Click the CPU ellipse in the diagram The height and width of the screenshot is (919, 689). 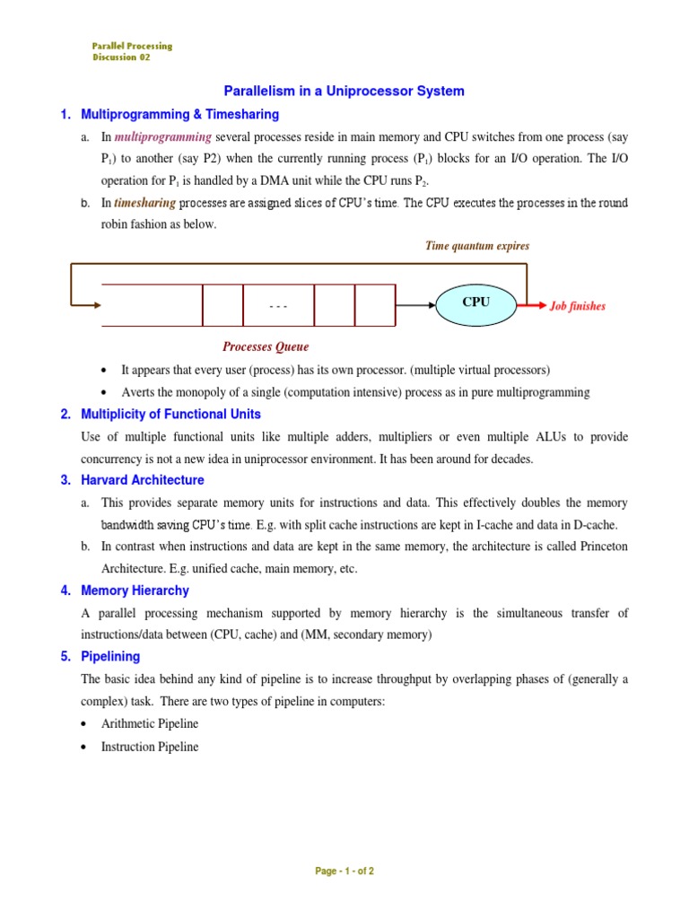tap(475, 303)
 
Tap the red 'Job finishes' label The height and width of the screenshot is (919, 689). tap(577, 306)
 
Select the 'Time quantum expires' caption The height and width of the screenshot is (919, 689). tap(476, 246)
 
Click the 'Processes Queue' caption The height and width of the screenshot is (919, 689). tap(266, 346)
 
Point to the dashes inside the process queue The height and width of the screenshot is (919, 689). tap(278, 306)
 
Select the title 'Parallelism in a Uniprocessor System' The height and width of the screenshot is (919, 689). tap(344, 91)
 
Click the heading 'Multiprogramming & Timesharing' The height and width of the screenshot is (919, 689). tap(179, 115)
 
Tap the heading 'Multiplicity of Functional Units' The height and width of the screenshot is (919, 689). tap(170, 414)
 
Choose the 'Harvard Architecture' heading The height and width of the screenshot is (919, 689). tap(142, 480)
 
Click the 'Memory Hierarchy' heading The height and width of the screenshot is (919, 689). tap(135, 591)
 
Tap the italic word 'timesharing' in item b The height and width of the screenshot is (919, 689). tap(145, 203)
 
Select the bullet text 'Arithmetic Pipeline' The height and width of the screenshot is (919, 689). tap(150, 723)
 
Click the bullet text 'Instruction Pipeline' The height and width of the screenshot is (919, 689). tap(150, 747)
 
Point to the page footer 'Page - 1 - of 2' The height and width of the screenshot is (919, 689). tap(344, 871)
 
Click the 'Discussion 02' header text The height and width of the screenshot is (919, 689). tap(121, 57)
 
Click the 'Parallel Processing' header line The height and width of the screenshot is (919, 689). tap(132, 46)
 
